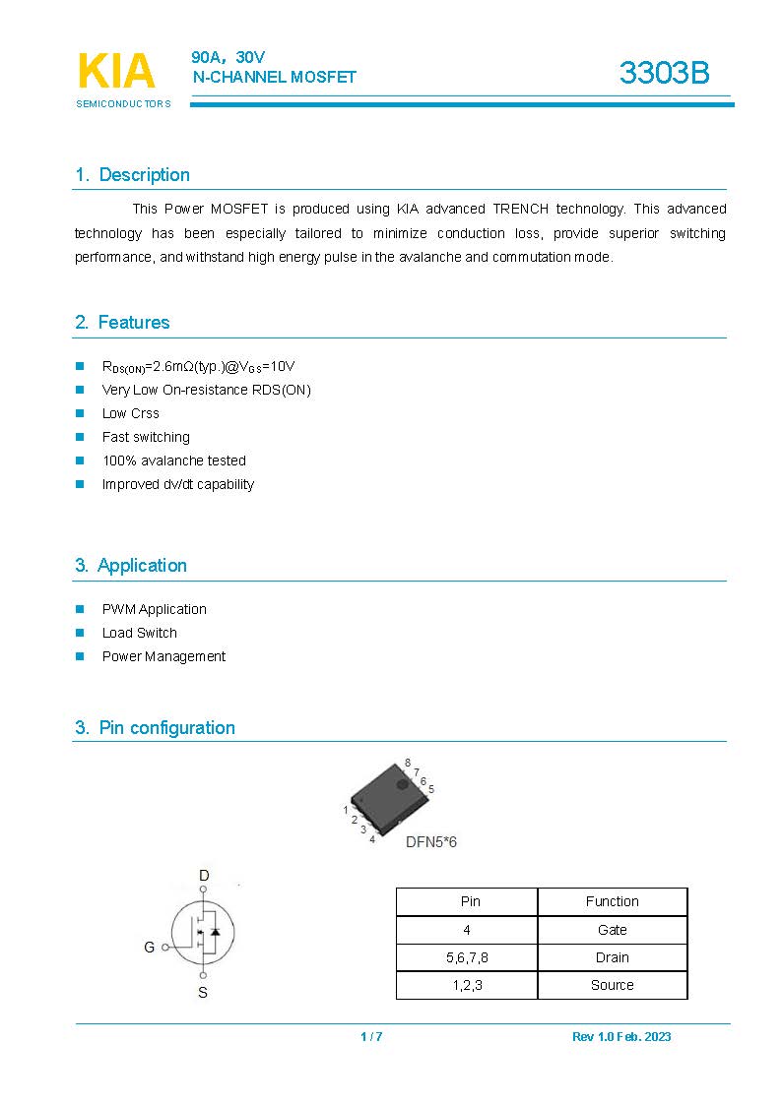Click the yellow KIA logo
[115, 72]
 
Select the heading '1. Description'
[132, 175]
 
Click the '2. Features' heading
[122, 323]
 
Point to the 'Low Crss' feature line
[130, 413]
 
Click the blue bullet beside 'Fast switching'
[81, 437]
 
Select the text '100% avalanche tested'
[173, 460]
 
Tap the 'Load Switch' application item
[139, 633]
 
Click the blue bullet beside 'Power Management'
[81, 656]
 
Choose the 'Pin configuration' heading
[155, 728]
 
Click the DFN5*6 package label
[431, 842]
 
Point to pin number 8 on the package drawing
[408, 764]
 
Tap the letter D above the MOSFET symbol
[204, 876]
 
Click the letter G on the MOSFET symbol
[150, 948]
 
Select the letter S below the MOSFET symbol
[203, 993]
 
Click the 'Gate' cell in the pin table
[612, 930]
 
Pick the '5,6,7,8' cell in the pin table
[467, 957]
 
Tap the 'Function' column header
[612, 901]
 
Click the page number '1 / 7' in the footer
[371, 1037]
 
